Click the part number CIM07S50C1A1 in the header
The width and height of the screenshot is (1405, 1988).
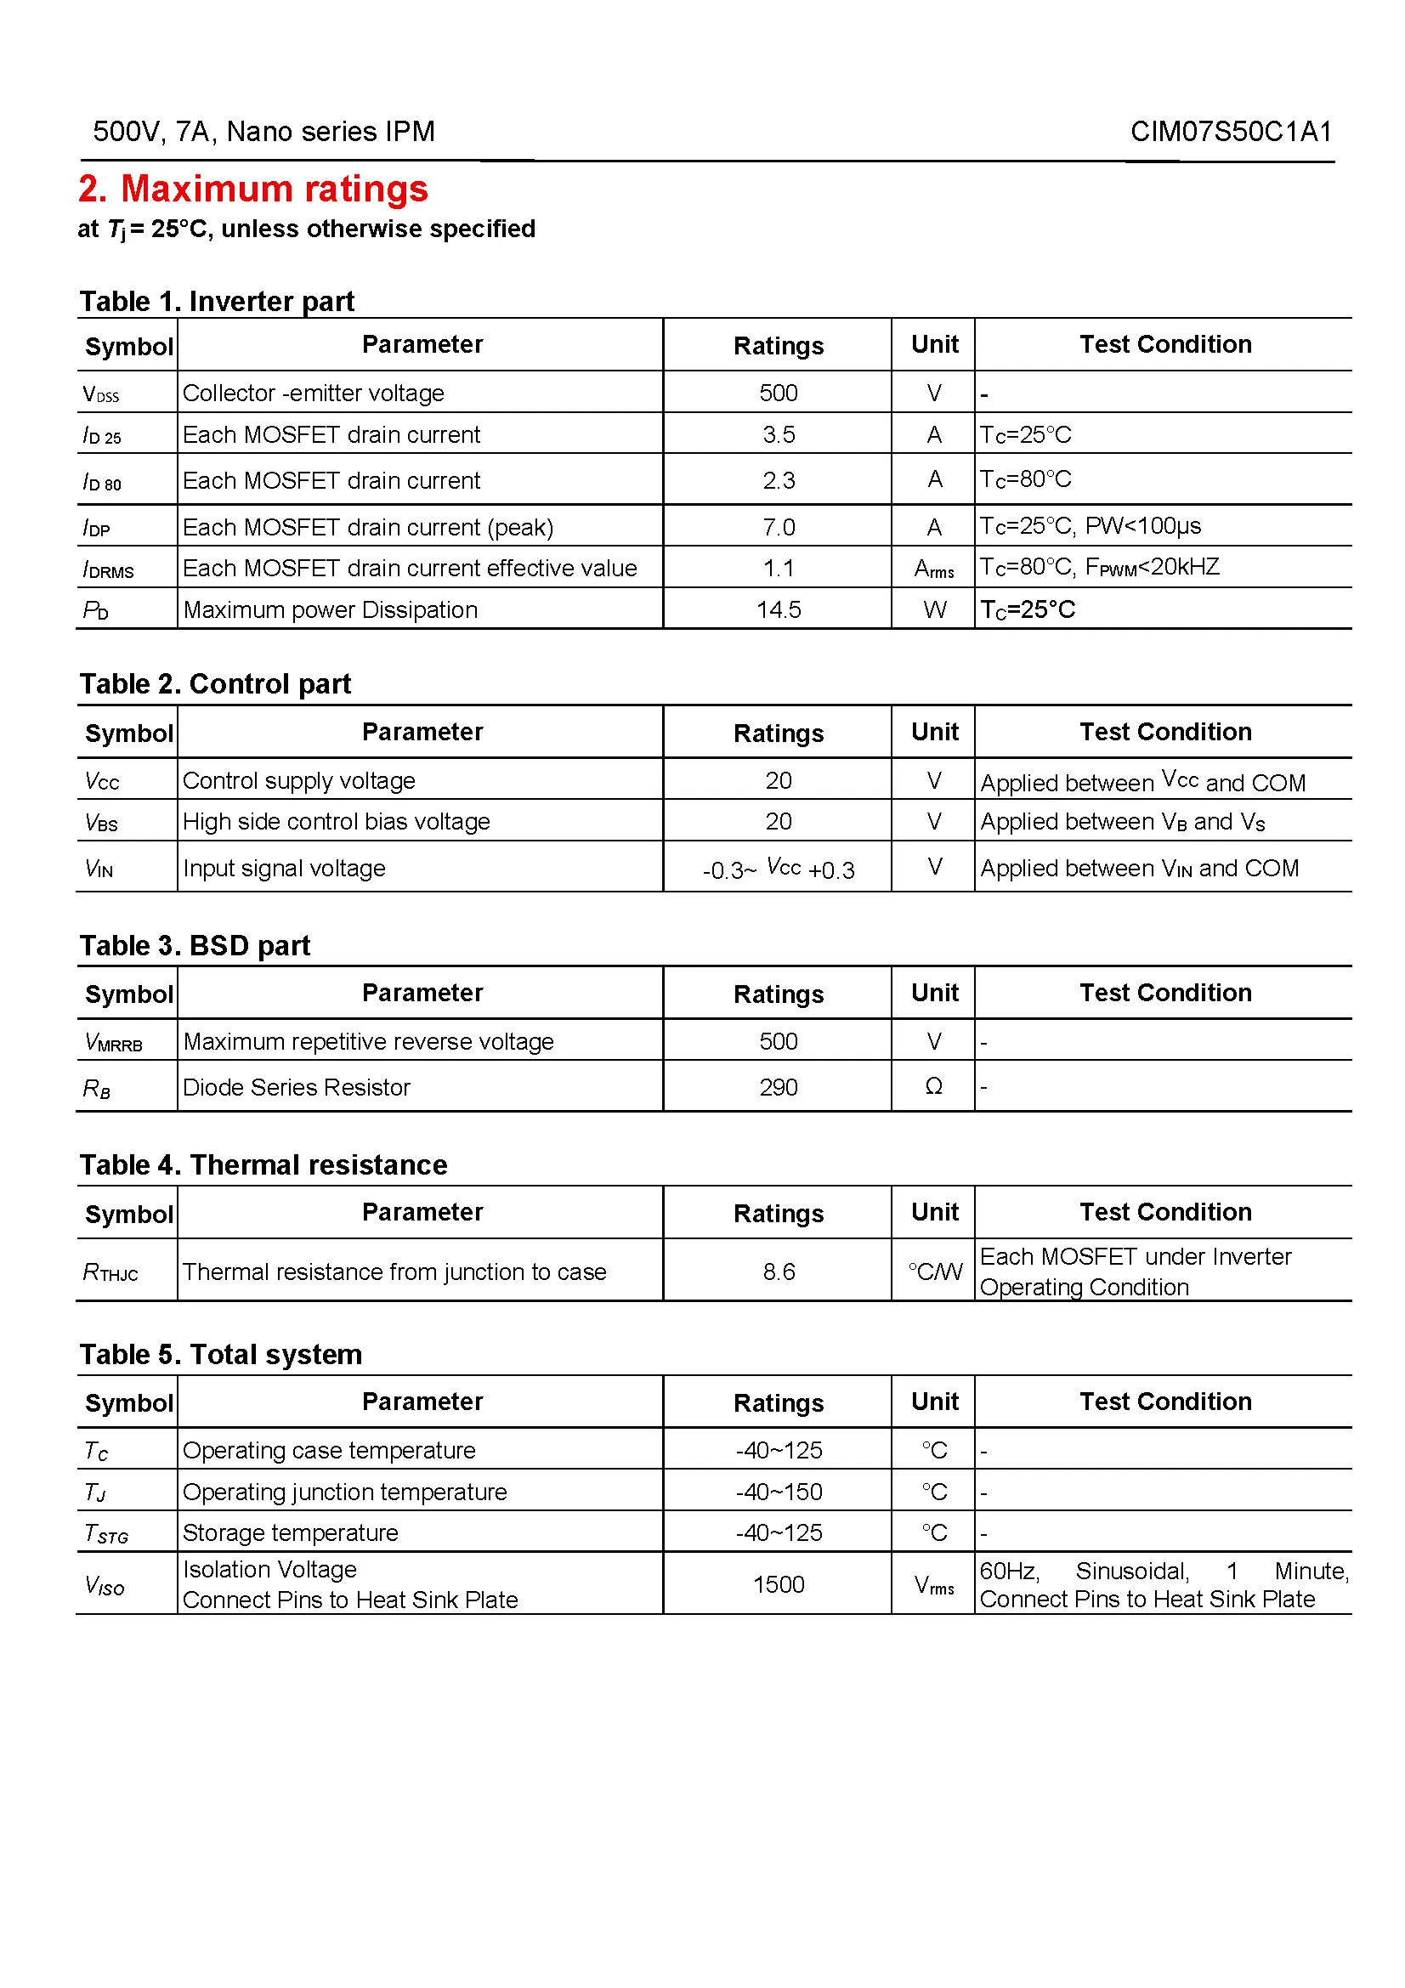tap(1230, 132)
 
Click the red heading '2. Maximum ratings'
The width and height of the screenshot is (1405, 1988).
tap(252, 189)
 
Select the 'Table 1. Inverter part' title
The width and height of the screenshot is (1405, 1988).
tap(217, 302)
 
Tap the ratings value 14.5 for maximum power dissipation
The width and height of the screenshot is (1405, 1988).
tap(779, 609)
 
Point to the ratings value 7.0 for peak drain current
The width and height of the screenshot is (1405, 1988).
tap(779, 527)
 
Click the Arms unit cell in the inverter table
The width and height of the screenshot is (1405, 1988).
tap(934, 569)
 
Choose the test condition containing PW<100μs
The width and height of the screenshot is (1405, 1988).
tap(1090, 525)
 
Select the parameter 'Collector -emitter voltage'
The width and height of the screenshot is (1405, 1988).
tap(314, 394)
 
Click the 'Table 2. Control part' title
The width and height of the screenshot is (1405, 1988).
tap(215, 684)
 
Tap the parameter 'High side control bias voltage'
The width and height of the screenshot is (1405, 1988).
tap(336, 822)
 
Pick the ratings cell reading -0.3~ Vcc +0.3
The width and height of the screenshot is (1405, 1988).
tap(779, 869)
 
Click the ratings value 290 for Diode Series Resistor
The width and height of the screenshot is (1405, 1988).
tap(779, 1088)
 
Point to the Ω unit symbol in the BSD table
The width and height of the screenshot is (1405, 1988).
tap(933, 1087)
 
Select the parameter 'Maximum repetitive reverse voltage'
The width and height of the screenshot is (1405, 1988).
tap(368, 1042)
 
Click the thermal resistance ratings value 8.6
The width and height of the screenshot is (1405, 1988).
tap(779, 1272)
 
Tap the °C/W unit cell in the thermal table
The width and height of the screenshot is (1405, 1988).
tap(934, 1272)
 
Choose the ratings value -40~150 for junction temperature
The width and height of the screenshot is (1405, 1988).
tap(779, 1492)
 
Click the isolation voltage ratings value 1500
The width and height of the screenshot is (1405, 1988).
tap(779, 1584)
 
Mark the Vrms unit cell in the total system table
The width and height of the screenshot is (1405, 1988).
tap(934, 1585)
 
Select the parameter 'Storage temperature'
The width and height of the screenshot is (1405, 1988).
tap(290, 1532)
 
